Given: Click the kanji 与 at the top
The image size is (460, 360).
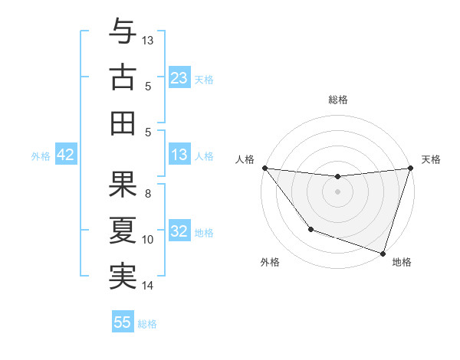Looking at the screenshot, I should coord(123,34).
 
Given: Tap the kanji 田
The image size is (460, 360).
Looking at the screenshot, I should coord(123,122).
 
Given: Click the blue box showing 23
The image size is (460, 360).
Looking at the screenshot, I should coord(179,77).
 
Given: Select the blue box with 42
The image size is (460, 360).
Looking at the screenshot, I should coord(66,155).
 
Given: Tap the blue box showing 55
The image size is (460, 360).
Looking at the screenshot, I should coord(123,322).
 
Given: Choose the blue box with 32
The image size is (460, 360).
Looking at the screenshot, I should coord(179,231).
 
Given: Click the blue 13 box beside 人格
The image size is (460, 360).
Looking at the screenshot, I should coord(179,155).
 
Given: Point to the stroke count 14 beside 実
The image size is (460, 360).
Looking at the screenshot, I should coord(148,286).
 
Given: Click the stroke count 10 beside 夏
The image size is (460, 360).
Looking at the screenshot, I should coord(148,240).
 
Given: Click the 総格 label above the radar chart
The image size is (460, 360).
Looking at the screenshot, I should coord(337,100).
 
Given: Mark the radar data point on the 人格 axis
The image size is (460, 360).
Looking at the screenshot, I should coord(264,168).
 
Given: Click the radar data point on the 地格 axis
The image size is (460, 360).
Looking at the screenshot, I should coord(383,253).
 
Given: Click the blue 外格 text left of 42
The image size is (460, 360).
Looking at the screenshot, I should coord(41,155).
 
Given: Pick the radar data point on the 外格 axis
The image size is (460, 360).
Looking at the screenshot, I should coord(310,229).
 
